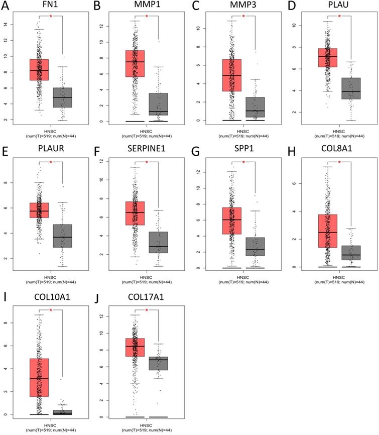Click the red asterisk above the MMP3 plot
[x=243, y=16]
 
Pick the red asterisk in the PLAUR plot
[x=51, y=162]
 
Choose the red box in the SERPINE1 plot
[x=136, y=213]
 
